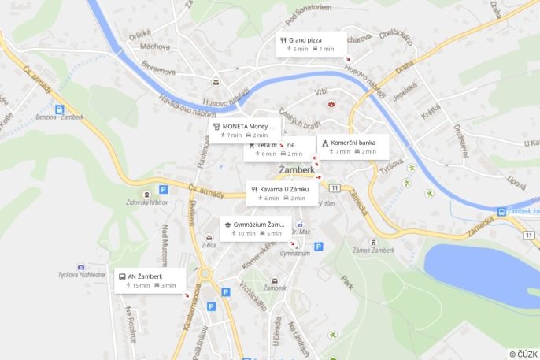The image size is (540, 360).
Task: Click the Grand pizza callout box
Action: click(311, 44)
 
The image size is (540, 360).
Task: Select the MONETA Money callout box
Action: click(245, 130)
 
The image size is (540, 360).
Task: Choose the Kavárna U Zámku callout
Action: click(282, 194)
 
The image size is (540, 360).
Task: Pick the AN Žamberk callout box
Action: click(150, 280)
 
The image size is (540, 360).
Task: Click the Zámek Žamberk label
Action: click(372, 250)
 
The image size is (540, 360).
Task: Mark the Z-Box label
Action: click(209, 245)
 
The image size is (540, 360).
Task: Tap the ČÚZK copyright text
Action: click(523, 354)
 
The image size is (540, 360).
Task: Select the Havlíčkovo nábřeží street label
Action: click(187, 105)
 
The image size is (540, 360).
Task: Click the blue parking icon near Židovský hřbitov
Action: click(163, 189)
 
